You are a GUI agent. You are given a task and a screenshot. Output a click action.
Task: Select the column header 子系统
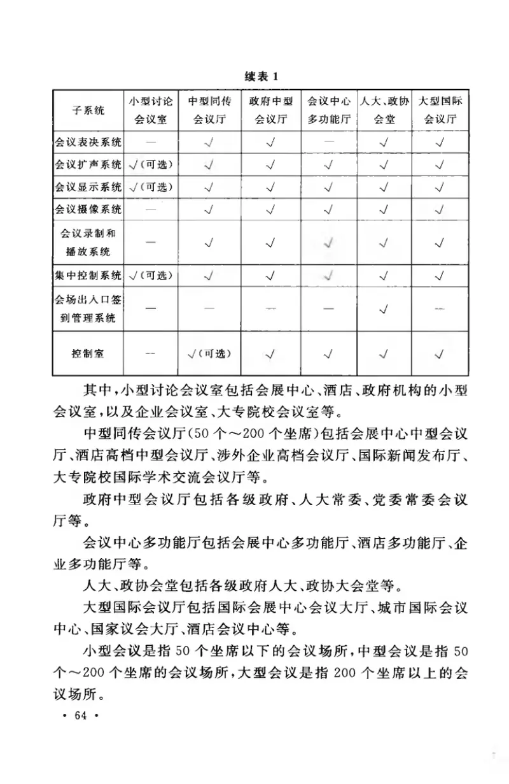coord(88,110)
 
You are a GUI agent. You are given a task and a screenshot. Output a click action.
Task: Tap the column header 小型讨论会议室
coord(151,110)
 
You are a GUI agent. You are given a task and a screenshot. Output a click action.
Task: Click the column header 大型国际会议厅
coord(440,110)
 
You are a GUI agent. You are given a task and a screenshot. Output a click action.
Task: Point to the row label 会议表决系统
coord(88,142)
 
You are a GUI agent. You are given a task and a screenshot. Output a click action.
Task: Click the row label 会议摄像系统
coord(88,209)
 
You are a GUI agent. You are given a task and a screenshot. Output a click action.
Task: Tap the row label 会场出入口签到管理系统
coord(88,308)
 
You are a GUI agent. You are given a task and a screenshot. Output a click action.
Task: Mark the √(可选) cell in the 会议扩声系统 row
coord(151,165)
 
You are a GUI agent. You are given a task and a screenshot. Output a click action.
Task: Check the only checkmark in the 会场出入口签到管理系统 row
coord(384,309)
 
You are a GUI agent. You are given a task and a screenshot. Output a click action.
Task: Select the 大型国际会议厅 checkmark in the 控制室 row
coord(440,353)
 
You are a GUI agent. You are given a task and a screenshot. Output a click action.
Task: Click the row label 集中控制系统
coord(88,276)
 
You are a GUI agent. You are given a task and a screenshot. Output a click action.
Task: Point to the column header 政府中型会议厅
coord(271,110)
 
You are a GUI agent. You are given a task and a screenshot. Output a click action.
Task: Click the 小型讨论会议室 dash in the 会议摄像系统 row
coord(151,209)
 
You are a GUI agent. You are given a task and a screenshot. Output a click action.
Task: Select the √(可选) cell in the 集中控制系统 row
coord(151,276)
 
